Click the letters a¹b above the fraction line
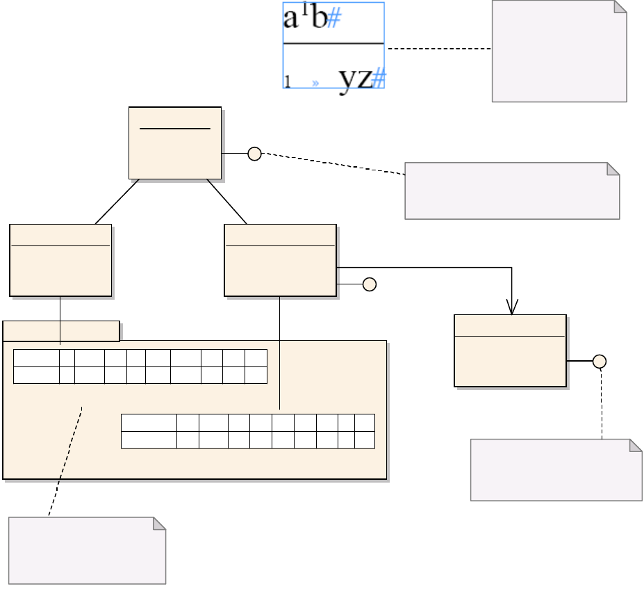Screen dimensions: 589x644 (x=304, y=19)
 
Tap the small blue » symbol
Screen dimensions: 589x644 (x=315, y=83)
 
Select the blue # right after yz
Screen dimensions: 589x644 (x=378, y=80)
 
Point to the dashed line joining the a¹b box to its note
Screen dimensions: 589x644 (x=438, y=49)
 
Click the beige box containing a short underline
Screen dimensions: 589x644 (x=175, y=143)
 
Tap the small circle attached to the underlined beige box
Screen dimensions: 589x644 (x=254, y=154)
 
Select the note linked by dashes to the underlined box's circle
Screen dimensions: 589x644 (x=511, y=191)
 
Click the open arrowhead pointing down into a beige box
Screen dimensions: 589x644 (x=512, y=307)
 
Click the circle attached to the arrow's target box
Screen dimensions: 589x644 (x=600, y=361)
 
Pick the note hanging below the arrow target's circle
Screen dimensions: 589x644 (x=556, y=470)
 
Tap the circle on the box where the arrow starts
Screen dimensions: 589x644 (x=370, y=284)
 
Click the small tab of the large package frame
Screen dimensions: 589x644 (x=61, y=331)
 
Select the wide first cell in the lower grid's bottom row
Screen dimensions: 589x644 (x=149, y=439)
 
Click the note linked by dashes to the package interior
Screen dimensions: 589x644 (x=87, y=551)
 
